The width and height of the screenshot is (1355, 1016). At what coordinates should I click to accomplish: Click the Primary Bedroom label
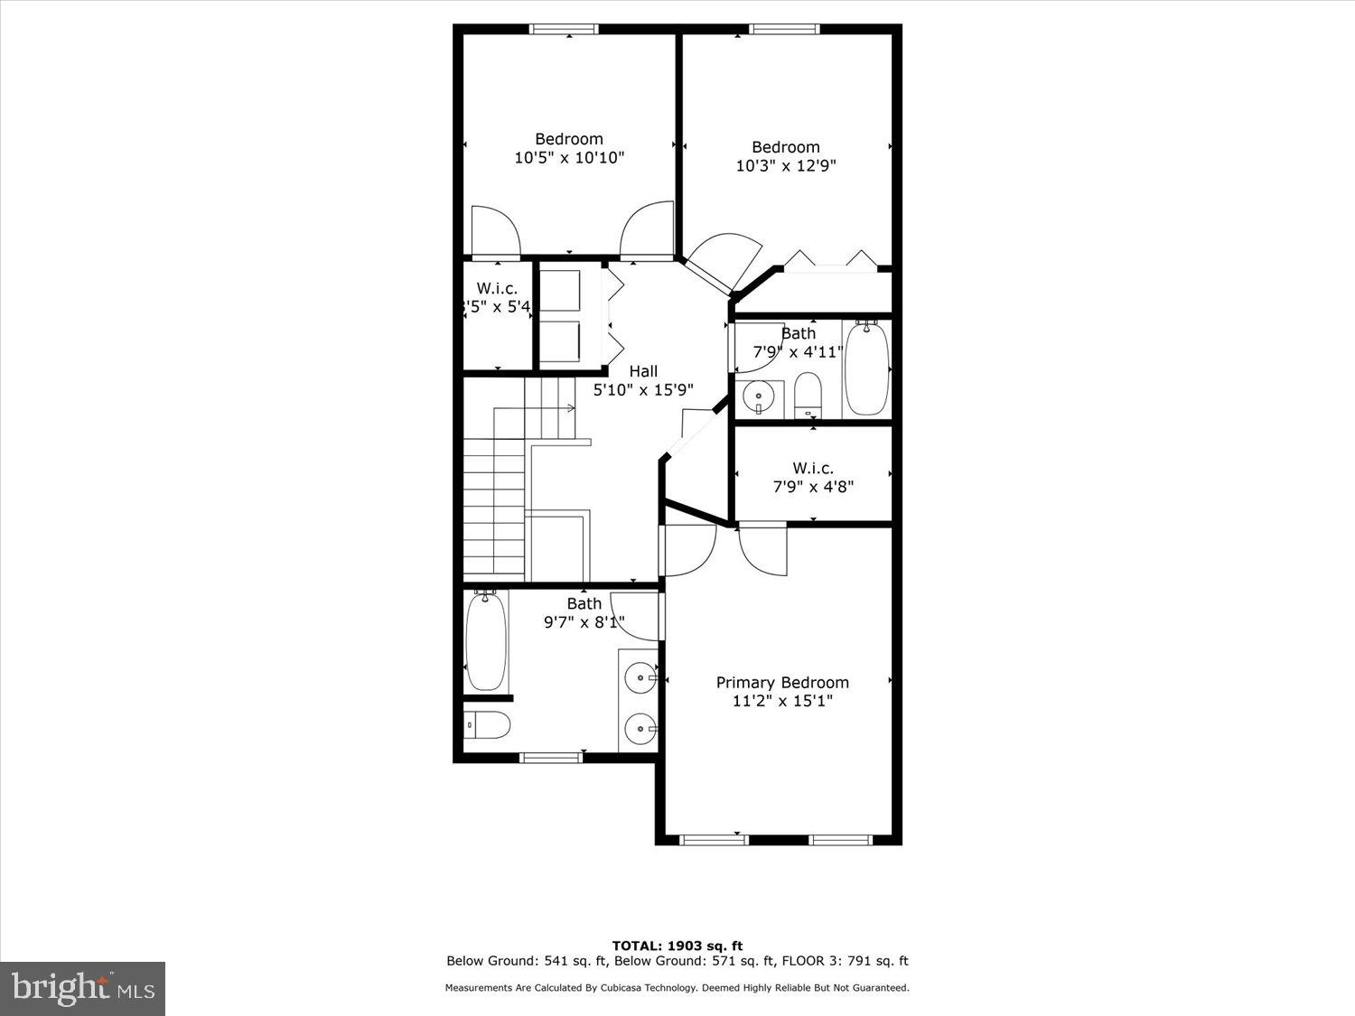coord(782,683)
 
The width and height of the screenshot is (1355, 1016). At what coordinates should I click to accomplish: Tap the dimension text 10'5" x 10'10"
coord(569,158)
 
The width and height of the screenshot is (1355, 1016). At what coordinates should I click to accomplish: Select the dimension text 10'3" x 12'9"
coord(785,166)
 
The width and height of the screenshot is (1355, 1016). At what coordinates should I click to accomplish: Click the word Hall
coord(643,371)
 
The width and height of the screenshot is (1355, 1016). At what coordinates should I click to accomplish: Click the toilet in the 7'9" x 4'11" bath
coord(808,395)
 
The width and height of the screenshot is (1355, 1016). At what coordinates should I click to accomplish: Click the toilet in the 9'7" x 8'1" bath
coord(489,724)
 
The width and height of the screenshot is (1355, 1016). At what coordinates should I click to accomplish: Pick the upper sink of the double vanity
coord(640,676)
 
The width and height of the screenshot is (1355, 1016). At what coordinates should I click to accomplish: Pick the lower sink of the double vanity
coord(640,727)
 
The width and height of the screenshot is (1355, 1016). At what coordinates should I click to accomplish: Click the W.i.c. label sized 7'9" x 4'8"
coord(813,468)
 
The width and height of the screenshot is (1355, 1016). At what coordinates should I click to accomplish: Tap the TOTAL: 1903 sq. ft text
coord(677,946)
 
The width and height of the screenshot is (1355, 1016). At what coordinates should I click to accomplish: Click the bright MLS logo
coord(83,988)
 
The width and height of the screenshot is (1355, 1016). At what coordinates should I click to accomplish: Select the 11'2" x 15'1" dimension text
coord(782,701)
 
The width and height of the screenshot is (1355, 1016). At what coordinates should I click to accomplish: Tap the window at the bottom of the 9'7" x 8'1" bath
coord(551,757)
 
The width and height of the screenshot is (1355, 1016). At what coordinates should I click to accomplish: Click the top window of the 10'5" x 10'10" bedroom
coord(564,30)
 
